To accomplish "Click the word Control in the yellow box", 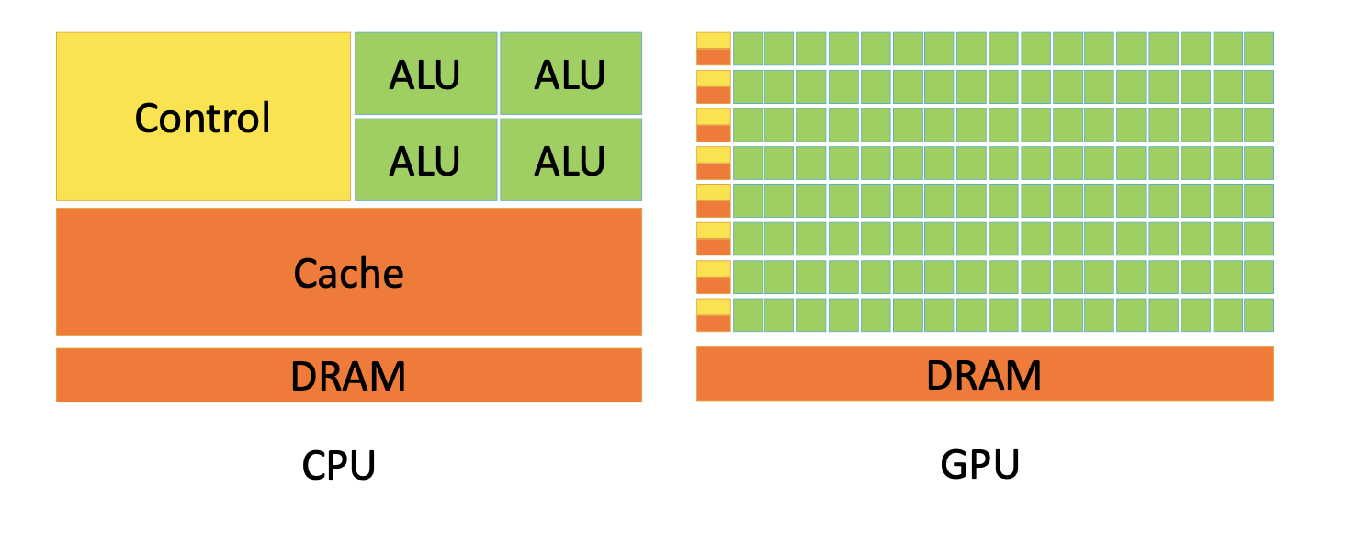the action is point(202,118).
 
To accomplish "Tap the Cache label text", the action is point(348,273).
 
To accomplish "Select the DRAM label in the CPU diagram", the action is point(348,376).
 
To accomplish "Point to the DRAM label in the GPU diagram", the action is point(984,375).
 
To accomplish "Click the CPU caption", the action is point(339,465).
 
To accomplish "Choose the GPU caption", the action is point(980,465).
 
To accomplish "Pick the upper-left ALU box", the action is point(426,74).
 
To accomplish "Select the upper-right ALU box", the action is point(571,74).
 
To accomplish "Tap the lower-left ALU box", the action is point(426,159).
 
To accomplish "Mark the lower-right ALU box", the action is point(571,159).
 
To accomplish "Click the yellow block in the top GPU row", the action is point(714,40).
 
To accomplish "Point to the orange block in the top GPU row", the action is point(714,57).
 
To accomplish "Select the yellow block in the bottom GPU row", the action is point(714,307).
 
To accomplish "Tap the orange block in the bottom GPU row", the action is point(714,323).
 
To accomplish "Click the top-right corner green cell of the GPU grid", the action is point(1259,49).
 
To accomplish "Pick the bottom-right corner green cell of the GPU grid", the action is point(1259,315).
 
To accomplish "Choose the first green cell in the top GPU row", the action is point(748,49).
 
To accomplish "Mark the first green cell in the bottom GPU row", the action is point(748,315).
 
